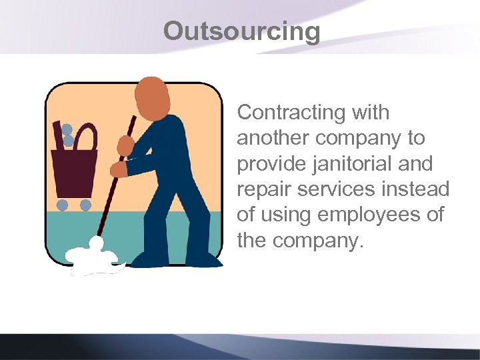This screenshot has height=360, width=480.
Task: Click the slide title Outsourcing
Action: tap(241, 31)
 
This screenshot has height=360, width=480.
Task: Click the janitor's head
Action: tap(152, 96)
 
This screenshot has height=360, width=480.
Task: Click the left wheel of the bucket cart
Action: tap(62, 205)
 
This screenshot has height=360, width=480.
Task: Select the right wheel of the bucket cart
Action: tap(85, 205)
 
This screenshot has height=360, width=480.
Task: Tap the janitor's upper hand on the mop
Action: tap(125, 145)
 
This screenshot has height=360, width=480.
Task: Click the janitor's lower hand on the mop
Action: tap(118, 169)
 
